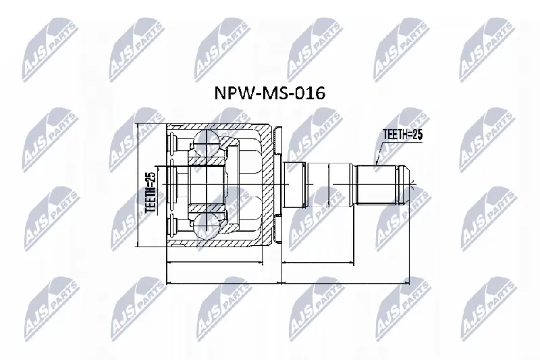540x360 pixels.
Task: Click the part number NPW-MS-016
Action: (x=269, y=93)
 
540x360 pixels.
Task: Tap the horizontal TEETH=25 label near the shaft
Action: (x=402, y=134)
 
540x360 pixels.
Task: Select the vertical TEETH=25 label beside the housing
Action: (x=151, y=192)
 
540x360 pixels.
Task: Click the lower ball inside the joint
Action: (x=206, y=226)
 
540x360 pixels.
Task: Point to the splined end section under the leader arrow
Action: (x=377, y=185)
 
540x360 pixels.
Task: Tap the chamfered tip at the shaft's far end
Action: (x=404, y=185)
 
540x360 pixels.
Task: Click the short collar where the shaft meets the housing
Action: (x=294, y=185)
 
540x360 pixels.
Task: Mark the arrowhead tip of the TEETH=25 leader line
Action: (x=376, y=165)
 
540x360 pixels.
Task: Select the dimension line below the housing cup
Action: (x=214, y=263)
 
